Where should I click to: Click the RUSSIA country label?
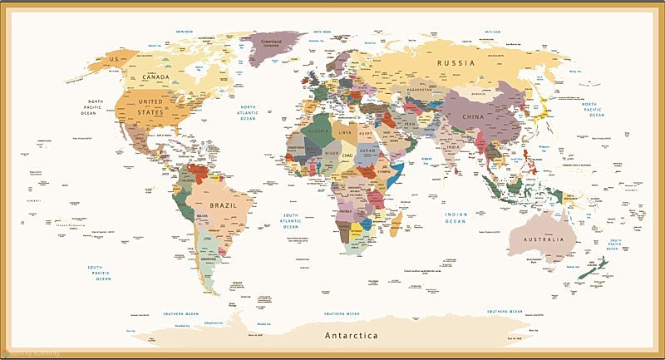click(x=457, y=63)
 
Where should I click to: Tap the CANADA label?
click(x=156, y=76)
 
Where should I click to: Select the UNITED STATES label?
click(x=150, y=107)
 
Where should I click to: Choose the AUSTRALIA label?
click(x=542, y=239)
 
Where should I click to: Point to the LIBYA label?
click(x=344, y=131)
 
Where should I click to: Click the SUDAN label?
click(x=368, y=152)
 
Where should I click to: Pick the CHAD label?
click(x=348, y=155)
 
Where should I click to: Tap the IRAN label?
click(x=409, y=123)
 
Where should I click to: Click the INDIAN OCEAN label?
click(x=455, y=218)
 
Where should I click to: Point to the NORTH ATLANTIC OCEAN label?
click(x=249, y=113)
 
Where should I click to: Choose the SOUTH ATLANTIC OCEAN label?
click(x=290, y=221)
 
